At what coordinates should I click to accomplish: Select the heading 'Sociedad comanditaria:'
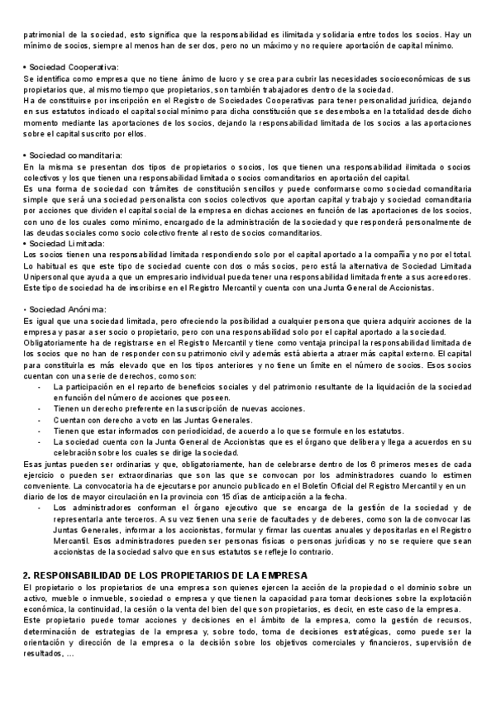click(76, 155)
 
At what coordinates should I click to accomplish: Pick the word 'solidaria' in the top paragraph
click(321, 34)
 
